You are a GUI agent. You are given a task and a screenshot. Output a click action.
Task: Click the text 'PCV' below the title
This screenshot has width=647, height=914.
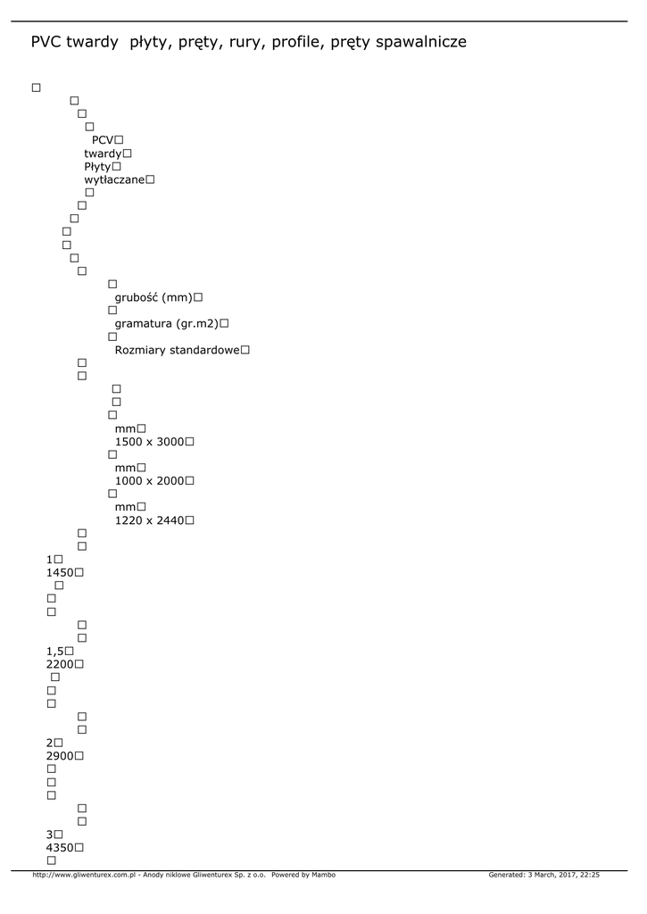pos(103,140)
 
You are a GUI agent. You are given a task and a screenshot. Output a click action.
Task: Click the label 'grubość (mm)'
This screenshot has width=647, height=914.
pos(153,297)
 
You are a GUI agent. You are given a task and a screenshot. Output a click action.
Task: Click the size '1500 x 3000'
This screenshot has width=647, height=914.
pos(149,442)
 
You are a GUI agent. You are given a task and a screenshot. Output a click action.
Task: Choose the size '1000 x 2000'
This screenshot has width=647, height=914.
pos(149,481)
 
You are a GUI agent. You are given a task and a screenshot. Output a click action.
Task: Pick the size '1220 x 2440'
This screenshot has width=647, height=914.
pos(149,520)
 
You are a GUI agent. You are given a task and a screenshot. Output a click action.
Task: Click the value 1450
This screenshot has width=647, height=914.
pos(59,572)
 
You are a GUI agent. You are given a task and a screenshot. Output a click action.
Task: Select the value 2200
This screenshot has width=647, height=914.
pos(59,664)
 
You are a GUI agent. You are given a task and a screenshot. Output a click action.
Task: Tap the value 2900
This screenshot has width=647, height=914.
pos(59,756)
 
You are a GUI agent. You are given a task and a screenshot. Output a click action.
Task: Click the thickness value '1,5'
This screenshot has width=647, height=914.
pos(54,651)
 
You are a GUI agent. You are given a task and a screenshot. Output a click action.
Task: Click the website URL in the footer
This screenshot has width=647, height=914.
pos(83,876)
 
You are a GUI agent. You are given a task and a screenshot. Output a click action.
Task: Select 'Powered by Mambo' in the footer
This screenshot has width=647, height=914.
pos(303,876)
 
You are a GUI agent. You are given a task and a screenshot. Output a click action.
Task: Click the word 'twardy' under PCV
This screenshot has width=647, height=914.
pos(103,154)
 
